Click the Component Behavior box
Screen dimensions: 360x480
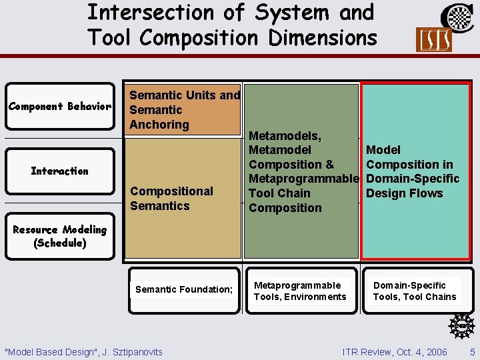tap(59, 107)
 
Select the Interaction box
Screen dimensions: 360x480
tap(59, 171)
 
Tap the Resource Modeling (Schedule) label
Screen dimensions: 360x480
tap(59, 236)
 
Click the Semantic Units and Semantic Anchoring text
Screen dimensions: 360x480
tap(185, 110)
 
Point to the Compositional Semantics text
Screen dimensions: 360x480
tap(171, 199)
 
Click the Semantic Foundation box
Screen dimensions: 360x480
tap(184, 290)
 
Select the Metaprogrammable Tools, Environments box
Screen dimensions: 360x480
tap(300, 291)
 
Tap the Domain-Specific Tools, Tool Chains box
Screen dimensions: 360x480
tap(415, 291)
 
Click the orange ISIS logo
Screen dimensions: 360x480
tap(433, 40)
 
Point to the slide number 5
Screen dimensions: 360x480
tap(472, 351)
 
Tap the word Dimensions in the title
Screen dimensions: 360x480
tap(323, 37)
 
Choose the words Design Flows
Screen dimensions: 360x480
tap(404, 193)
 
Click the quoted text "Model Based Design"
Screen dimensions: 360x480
tap(51, 351)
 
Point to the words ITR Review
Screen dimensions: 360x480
tap(365, 351)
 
